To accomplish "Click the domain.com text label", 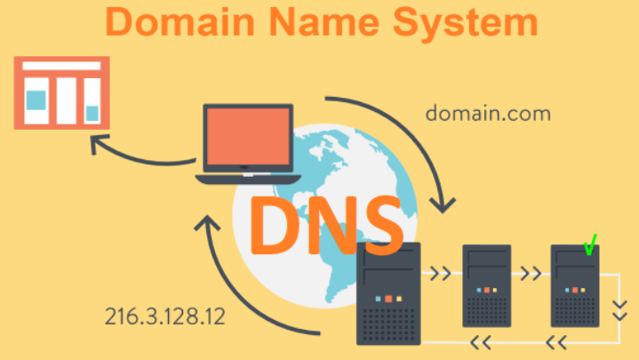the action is point(487,114).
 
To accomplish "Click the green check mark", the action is point(588,245).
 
